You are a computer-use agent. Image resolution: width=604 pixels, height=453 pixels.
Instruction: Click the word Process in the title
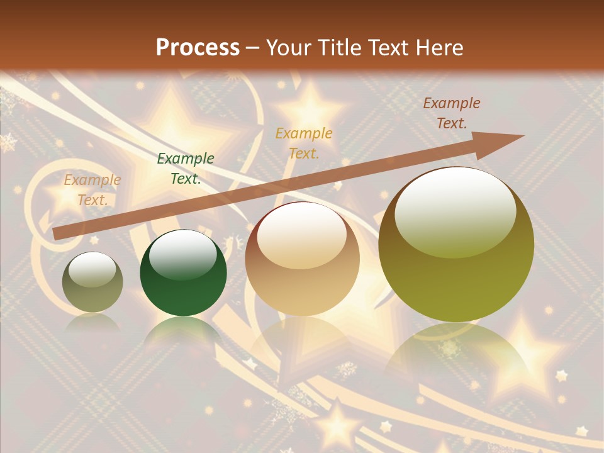(198, 48)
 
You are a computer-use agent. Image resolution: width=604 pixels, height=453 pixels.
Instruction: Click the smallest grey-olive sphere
(92, 282)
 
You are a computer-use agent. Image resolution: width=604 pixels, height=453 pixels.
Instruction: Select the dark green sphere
(183, 274)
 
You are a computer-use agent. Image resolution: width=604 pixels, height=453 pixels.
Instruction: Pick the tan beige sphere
(302, 259)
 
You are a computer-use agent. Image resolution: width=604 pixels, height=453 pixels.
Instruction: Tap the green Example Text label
(186, 169)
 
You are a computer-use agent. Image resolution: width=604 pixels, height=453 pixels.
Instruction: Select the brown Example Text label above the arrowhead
(451, 113)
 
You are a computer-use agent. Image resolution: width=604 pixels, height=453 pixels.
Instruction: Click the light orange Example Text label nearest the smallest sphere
(92, 190)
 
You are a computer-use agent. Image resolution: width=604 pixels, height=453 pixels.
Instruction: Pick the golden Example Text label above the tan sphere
(304, 143)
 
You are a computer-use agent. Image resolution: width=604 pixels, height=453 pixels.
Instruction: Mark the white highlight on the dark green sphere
(183, 255)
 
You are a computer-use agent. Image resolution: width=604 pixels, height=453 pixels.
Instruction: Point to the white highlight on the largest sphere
(455, 211)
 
